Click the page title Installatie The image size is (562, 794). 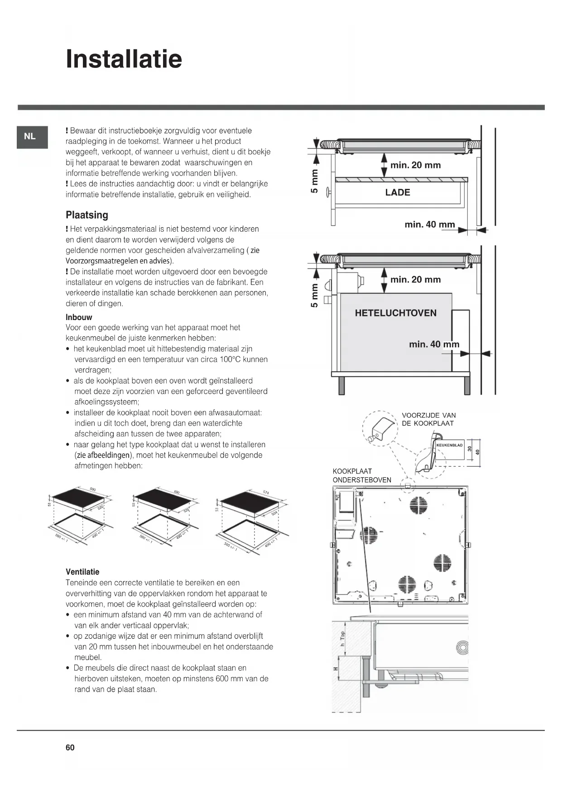[124, 59]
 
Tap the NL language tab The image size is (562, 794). [30, 136]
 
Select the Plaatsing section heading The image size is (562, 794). [87, 215]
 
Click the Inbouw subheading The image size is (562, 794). [79, 317]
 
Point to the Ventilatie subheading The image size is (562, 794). [82, 572]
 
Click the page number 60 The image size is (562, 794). [70, 747]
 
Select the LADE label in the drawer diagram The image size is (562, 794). [398, 192]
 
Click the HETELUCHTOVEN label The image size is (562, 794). [395, 313]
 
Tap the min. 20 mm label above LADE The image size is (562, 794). [415, 165]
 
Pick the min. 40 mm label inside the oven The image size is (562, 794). [434, 344]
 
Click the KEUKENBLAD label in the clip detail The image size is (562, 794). [450, 445]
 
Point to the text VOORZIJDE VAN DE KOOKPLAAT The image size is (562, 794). [428, 419]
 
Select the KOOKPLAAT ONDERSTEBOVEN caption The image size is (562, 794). [361, 475]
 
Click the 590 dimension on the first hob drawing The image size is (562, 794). [92, 490]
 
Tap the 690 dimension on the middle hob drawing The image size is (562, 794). [177, 492]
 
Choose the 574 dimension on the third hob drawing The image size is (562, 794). [266, 493]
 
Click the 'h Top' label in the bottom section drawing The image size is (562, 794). [343, 638]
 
